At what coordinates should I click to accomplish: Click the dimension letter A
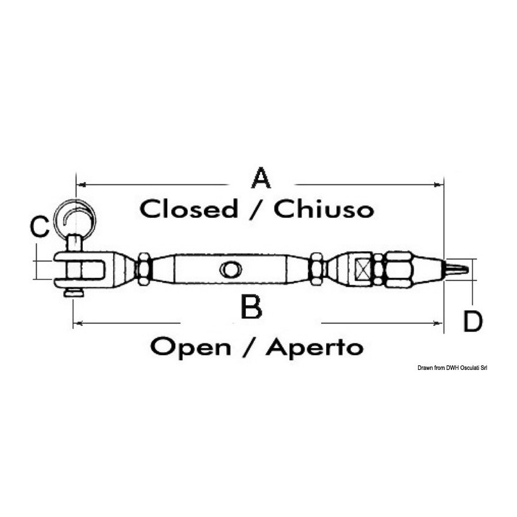pos(261,178)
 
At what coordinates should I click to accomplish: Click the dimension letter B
pos(252,307)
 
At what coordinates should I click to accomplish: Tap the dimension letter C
pos(39,227)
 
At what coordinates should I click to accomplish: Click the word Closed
pos(188,209)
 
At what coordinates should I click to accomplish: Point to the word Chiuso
pos(324,209)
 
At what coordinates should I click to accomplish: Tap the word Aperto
pos(315,347)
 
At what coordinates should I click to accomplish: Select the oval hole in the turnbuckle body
pos(230,269)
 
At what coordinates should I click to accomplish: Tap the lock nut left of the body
pos(144,269)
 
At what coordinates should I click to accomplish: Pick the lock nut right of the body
pos(317,269)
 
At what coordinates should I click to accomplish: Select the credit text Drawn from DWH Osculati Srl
pos(453,368)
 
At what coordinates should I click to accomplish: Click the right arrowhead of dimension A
pos(439,185)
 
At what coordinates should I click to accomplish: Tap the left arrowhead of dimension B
pos(78,323)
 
